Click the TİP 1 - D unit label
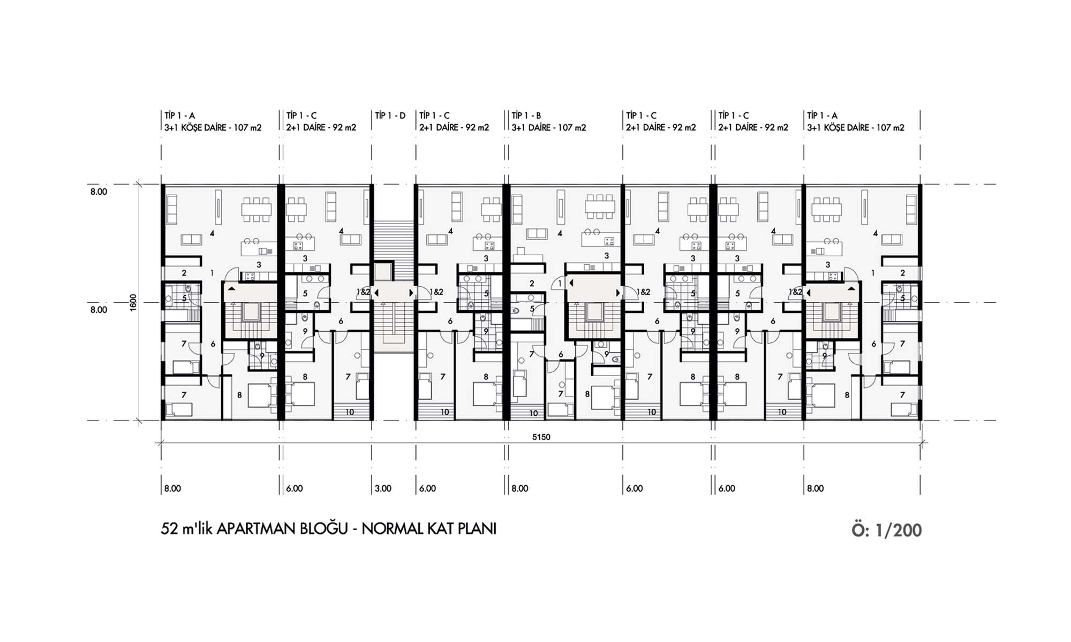point(390,116)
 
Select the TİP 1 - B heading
point(526,116)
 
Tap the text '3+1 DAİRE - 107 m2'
point(549,128)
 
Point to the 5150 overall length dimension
point(541,437)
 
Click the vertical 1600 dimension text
point(133,302)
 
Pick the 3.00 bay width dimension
point(383,488)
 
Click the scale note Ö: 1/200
point(887,530)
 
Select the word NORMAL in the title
point(392,529)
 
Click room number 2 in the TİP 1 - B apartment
point(532,284)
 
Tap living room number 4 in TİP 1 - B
point(560,233)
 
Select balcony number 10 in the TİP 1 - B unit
point(533,413)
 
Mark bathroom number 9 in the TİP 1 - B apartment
point(606,354)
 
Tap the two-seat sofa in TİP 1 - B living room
point(537,233)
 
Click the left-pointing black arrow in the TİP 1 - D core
point(376,293)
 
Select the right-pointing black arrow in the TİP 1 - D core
point(411,293)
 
